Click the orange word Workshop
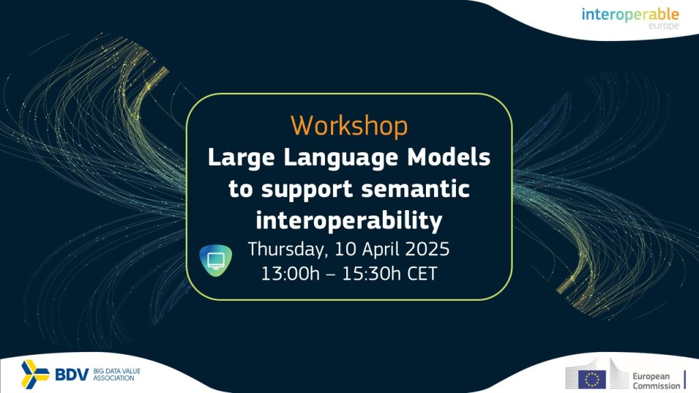[x=349, y=126]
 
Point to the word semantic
[x=416, y=189]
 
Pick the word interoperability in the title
[x=349, y=220]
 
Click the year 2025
[x=427, y=248]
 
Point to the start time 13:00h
[x=290, y=274]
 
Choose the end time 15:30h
[x=371, y=274]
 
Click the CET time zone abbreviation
[x=422, y=274]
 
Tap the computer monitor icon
[x=216, y=261]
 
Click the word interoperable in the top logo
[x=630, y=15]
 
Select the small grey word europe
[x=664, y=26]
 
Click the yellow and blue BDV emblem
[x=35, y=375]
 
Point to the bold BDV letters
[x=72, y=375]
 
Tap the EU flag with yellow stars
[x=592, y=379]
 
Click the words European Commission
[x=656, y=381]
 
